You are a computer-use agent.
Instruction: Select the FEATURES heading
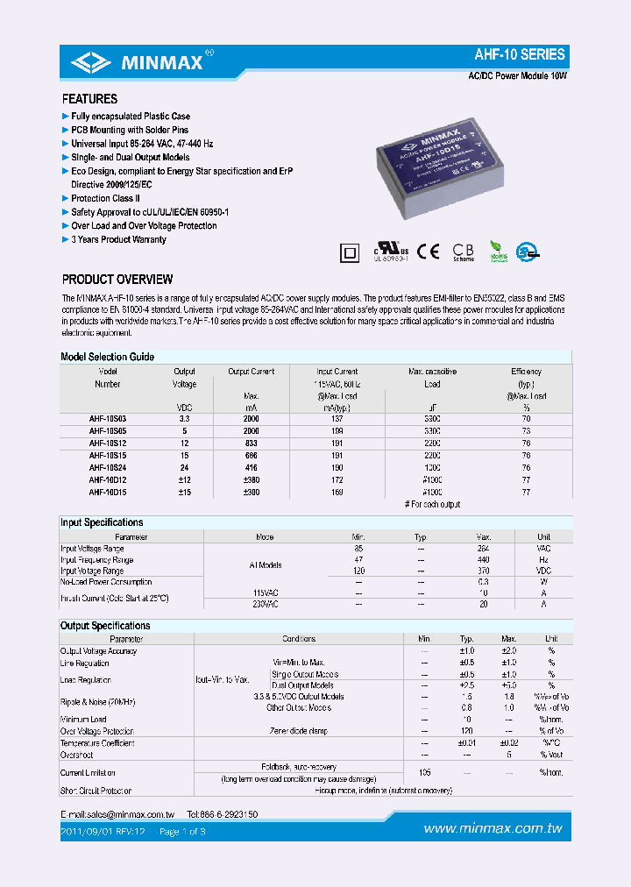click(x=89, y=99)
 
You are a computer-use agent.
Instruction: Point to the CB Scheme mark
click(x=464, y=252)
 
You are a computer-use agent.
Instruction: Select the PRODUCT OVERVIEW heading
click(x=117, y=280)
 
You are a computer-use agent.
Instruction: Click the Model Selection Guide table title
click(x=107, y=357)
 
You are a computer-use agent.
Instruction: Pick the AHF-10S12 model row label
click(x=109, y=443)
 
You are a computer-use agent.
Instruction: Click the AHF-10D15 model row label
click(x=109, y=493)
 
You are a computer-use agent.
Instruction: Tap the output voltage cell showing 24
click(x=184, y=468)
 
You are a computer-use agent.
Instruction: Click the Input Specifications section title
click(x=102, y=522)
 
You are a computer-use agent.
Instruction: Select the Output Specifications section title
click(x=105, y=626)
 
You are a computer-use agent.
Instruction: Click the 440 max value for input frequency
click(x=483, y=559)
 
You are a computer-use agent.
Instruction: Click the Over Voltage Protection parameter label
click(x=97, y=731)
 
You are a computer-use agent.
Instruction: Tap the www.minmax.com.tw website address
click(x=493, y=828)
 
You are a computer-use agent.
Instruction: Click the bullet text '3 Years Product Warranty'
click(x=118, y=239)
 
